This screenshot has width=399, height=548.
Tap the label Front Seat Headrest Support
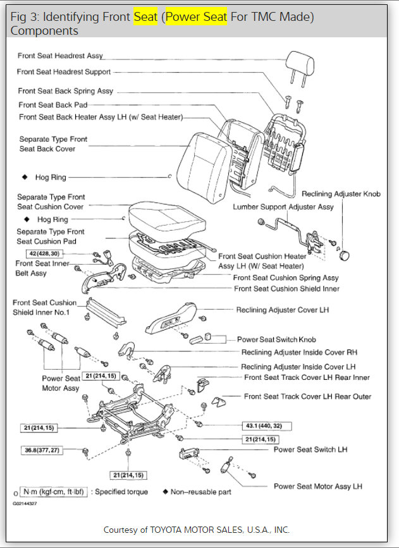(64, 72)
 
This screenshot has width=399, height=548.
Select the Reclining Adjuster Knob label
(341, 194)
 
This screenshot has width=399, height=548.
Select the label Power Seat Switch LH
(310, 449)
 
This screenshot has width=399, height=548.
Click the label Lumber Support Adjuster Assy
(283, 207)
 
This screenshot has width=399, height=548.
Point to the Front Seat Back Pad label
(53, 104)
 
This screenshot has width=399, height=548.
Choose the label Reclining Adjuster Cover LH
(282, 310)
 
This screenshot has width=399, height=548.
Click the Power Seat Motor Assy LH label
(317, 486)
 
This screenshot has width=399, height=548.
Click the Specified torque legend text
(121, 492)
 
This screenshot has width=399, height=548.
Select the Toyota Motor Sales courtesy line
(196, 530)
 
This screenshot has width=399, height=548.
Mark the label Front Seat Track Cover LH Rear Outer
(307, 396)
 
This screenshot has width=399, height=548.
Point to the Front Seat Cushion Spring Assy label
(286, 277)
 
